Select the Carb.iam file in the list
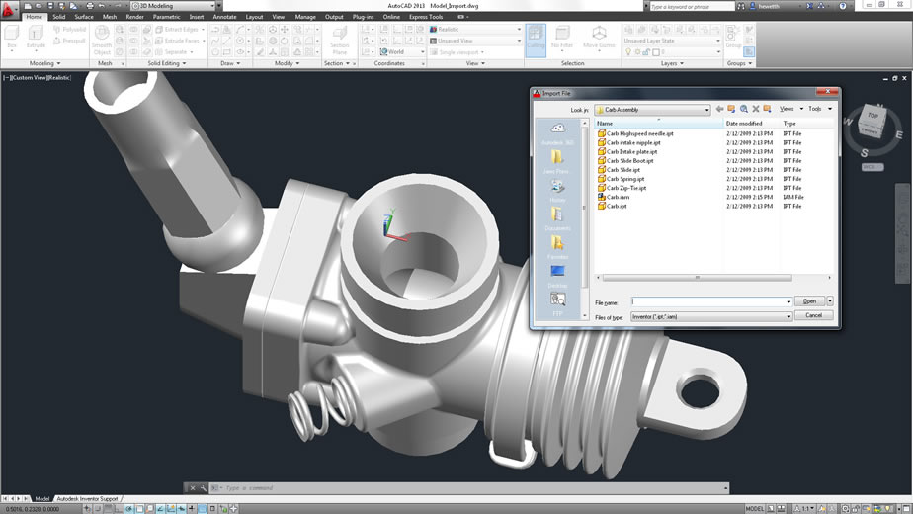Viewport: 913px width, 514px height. pyautogui.click(x=619, y=197)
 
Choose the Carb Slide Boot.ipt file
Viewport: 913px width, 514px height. pyautogui.click(x=630, y=160)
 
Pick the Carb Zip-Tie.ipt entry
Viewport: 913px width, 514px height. pyautogui.click(x=626, y=188)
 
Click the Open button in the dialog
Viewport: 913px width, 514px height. pyautogui.click(x=809, y=301)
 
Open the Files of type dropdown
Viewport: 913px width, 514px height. pyautogui.click(x=711, y=316)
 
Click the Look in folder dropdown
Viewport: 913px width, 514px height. pyautogui.click(x=651, y=110)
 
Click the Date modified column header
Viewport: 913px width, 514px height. pyautogui.click(x=745, y=124)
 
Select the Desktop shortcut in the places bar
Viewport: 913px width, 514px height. pyautogui.click(x=557, y=275)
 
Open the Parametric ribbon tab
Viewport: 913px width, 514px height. pyautogui.click(x=166, y=17)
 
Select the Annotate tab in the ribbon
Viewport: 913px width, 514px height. pyautogui.click(x=224, y=17)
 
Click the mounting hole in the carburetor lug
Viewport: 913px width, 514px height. pyautogui.click(x=699, y=389)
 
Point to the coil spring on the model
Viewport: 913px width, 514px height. pyautogui.click(x=322, y=400)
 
